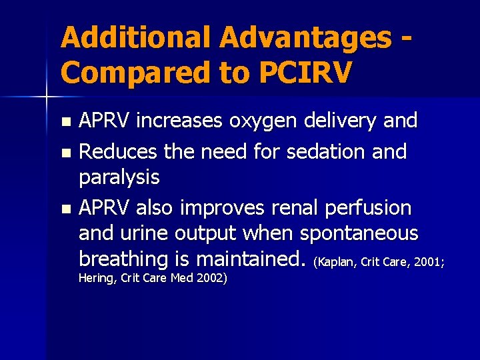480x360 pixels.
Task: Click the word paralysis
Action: pyautogui.click(x=119, y=177)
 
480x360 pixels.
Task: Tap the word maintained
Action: pyautogui.click(x=244, y=259)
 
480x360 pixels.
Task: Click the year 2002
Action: pyautogui.click(x=212, y=277)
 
